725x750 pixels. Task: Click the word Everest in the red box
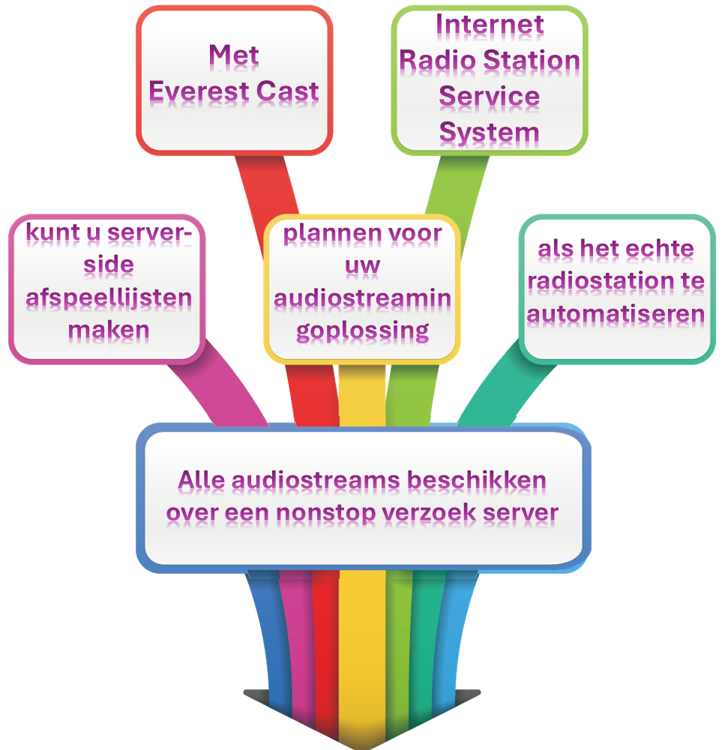(x=198, y=91)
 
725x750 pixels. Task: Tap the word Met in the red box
(x=234, y=55)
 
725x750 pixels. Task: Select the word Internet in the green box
(x=490, y=24)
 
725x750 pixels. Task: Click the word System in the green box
(x=489, y=133)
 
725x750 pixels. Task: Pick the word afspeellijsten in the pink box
(x=109, y=298)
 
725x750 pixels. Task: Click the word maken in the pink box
(x=108, y=329)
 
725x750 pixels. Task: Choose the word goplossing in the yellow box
(x=362, y=331)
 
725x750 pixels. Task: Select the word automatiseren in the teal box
(x=616, y=313)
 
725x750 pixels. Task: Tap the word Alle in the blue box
(x=202, y=480)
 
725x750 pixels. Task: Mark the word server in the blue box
(x=521, y=513)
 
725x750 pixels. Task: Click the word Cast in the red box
(x=288, y=91)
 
